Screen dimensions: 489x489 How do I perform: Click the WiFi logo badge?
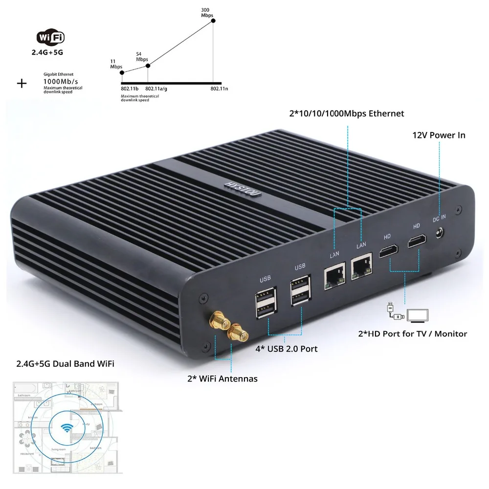(x=51, y=37)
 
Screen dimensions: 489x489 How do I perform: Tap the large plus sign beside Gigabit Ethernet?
(x=22, y=83)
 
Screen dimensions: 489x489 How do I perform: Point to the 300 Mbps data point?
(x=213, y=20)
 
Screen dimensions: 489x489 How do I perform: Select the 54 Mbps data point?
(x=148, y=65)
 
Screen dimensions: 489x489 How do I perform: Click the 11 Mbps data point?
(x=121, y=73)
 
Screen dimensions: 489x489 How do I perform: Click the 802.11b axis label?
(x=130, y=89)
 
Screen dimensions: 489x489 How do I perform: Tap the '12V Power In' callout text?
(x=439, y=135)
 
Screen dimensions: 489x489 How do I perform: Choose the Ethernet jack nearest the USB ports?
(x=334, y=278)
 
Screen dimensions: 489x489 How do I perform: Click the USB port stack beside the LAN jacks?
(x=300, y=291)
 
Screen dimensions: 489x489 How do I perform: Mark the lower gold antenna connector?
(x=237, y=334)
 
